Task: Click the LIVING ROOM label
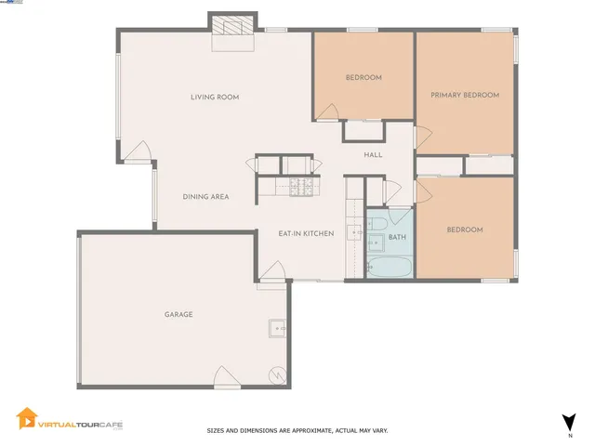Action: tap(215, 97)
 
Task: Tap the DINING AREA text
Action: tap(205, 196)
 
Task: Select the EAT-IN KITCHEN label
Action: tap(306, 233)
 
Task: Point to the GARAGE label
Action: tap(178, 314)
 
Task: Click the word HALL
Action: tap(373, 155)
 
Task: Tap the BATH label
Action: tap(397, 238)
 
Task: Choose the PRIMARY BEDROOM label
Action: tap(465, 95)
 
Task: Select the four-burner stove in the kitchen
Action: tap(300, 187)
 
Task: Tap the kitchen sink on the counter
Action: tap(354, 232)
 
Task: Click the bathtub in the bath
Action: tap(389, 267)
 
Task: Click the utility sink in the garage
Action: tap(277, 328)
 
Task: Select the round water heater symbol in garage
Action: tap(275, 375)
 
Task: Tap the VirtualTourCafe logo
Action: tap(70, 422)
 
